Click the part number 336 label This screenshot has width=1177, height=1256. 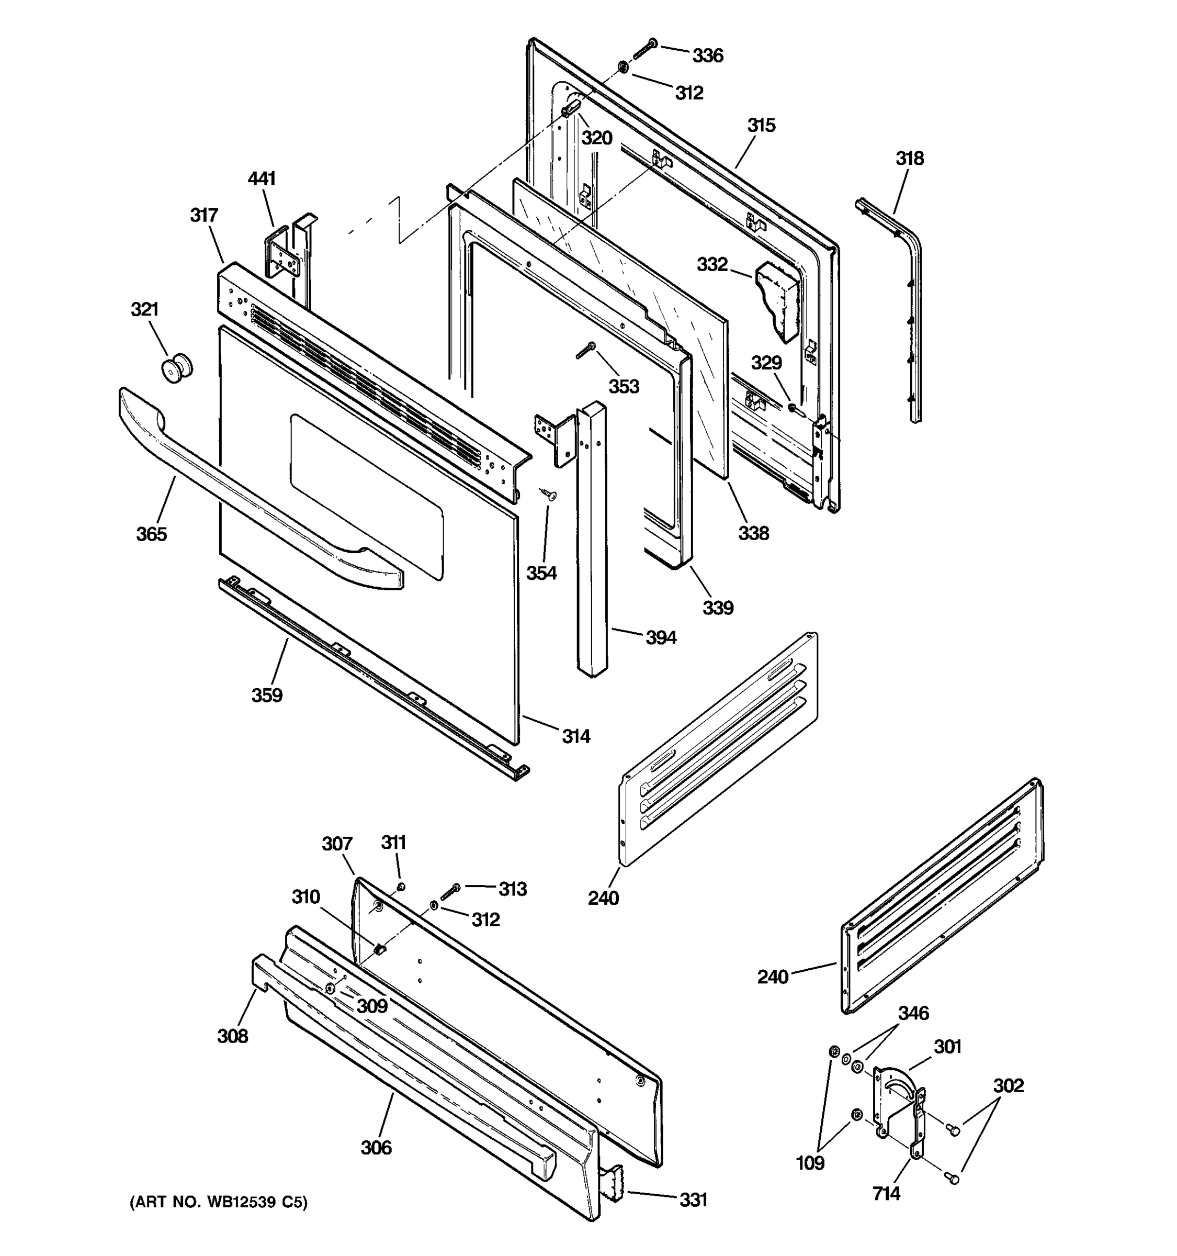(707, 55)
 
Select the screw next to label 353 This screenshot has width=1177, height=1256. (585, 350)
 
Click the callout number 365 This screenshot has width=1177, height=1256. (152, 534)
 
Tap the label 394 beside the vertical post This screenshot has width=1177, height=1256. (661, 637)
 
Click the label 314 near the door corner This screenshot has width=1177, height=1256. (576, 736)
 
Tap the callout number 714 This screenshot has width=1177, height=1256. (886, 1193)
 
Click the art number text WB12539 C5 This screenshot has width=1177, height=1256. (219, 1202)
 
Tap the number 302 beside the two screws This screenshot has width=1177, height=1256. (1008, 1085)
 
